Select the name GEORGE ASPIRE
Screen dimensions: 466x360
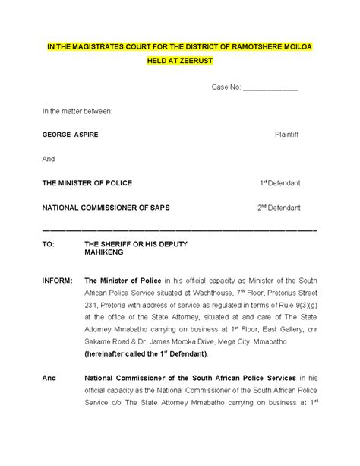[x=71, y=135]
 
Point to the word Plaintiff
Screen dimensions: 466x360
[x=286, y=135]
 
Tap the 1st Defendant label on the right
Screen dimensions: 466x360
[x=279, y=183]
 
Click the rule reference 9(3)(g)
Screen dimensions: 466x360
[x=302, y=306]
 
